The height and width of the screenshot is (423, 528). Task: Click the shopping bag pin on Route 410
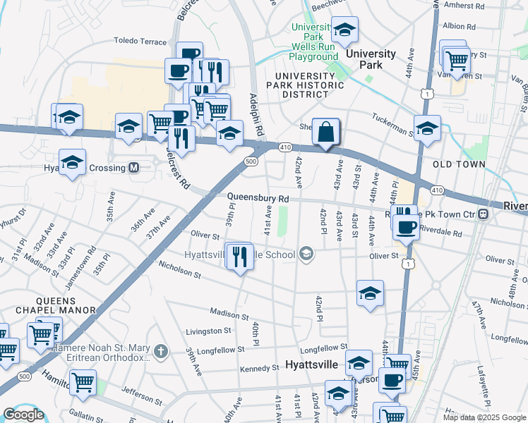pyautogui.click(x=325, y=132)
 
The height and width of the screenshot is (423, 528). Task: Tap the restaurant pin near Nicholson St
pyautogui.click(x=240, y=257)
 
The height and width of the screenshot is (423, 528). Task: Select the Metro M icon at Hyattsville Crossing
pyautogui.click(x=133, y=168)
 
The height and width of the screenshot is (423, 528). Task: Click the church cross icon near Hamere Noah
pyautogui.click(x=161, y=350)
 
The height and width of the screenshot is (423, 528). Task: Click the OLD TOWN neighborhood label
pyautogui.click(x=459, y=164)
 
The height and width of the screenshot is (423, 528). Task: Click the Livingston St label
pyautogui.click(x=208, y=330)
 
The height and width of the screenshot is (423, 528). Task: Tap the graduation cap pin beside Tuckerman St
pyautogui.click(x=427, y=130)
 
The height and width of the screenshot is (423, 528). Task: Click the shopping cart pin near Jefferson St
pyautogui.click(x=83, y=383)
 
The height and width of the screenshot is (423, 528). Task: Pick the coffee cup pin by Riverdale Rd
pyautogui.click(x=406, y=227)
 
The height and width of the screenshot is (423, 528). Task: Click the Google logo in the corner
pyautogui.click(x=23, y=415)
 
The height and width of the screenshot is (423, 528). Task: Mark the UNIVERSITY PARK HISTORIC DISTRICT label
pyautogui.click(x=309, y=85)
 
